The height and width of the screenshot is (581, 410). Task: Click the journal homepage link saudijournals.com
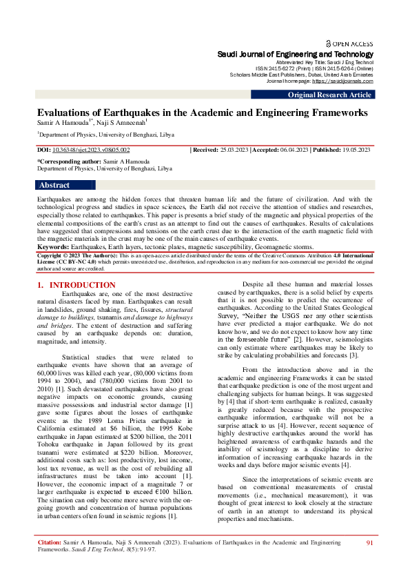pos(342,81)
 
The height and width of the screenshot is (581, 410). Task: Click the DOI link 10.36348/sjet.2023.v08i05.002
pos(91,150)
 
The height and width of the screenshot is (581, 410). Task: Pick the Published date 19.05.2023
pos(352,150)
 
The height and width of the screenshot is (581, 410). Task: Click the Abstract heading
pos(54,185)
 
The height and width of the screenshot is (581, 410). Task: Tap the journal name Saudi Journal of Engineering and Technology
pos(296,54)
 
